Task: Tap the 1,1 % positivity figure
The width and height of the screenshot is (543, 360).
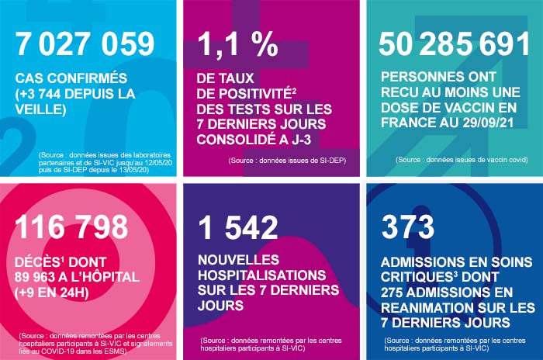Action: click(236, 44)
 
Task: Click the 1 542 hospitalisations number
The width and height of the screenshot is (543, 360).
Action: click(237, 227)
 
